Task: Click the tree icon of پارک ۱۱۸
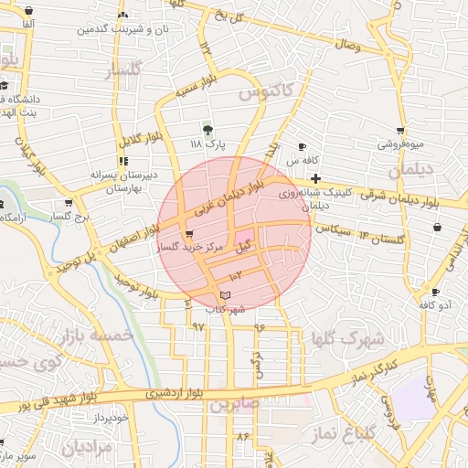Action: point(208,130)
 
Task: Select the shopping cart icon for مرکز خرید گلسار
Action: point(189,234)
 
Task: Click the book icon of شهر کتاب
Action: point(226,295)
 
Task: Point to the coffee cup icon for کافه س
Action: point(303,147)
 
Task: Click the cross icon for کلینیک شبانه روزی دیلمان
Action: point(315,177)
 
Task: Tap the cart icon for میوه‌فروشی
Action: point(399,131)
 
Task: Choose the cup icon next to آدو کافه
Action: point(434,292)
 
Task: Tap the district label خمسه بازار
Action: point(95,339)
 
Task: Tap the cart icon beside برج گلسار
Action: point(69,203)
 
